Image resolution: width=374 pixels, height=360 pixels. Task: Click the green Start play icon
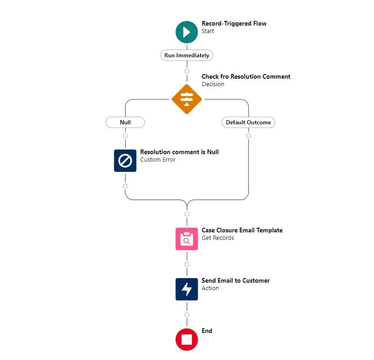[187, 32]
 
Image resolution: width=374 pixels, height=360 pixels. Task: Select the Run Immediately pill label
[187, 55]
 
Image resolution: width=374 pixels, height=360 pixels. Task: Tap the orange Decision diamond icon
[187, 99]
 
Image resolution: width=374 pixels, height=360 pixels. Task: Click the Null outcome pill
[125, 122]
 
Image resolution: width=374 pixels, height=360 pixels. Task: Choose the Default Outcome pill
[248, 122]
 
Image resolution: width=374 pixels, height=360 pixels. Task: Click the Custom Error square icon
[125, 160]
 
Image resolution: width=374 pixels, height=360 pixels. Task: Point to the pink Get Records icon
[187, 238]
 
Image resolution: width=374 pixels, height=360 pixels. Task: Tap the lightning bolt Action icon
[187, 289]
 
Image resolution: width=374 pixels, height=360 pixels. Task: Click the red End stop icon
[187, 339]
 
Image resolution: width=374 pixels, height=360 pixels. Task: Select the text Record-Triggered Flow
[234, 23]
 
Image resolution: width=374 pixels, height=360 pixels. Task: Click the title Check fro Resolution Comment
[246, 76]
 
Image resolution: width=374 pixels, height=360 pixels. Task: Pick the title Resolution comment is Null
[179, 152]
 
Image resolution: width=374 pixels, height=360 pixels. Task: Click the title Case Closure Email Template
[242, 230]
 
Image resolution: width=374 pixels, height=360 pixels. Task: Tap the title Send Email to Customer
[235, 280]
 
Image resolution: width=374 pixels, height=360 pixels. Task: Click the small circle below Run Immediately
[187, 71]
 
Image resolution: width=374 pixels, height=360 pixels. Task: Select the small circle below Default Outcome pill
[248, 136]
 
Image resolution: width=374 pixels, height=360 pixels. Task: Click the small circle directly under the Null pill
[125, 136]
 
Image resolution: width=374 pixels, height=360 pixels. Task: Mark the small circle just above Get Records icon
[187, 214]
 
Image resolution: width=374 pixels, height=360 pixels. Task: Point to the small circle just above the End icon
[187, 315]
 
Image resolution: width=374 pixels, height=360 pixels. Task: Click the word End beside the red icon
[207, 331]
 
